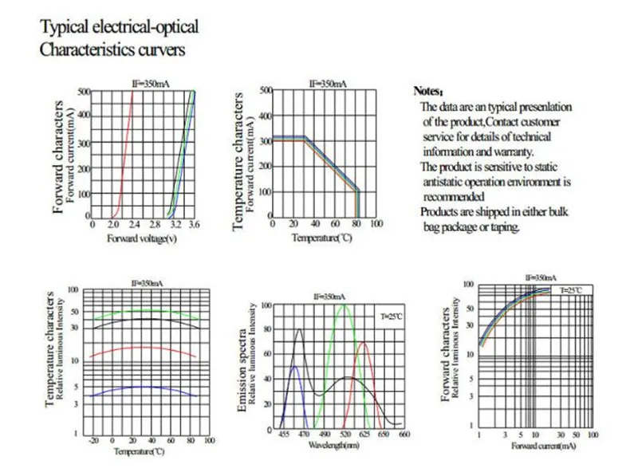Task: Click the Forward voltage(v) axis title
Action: tap(142, 237)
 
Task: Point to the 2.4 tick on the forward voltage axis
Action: tap(133, 226)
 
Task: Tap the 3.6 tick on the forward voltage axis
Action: tap(194, 226)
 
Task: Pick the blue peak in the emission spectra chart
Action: tap(294, 368)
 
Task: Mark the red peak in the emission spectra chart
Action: tap(364, 343)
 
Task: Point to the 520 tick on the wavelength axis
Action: tap(345, 435)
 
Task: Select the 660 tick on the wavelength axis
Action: tap(404, 435)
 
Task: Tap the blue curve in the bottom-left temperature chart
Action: tap(144, 387)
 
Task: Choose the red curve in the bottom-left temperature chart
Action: tap(144, 347)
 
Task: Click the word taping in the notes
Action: tap(505, 226)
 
